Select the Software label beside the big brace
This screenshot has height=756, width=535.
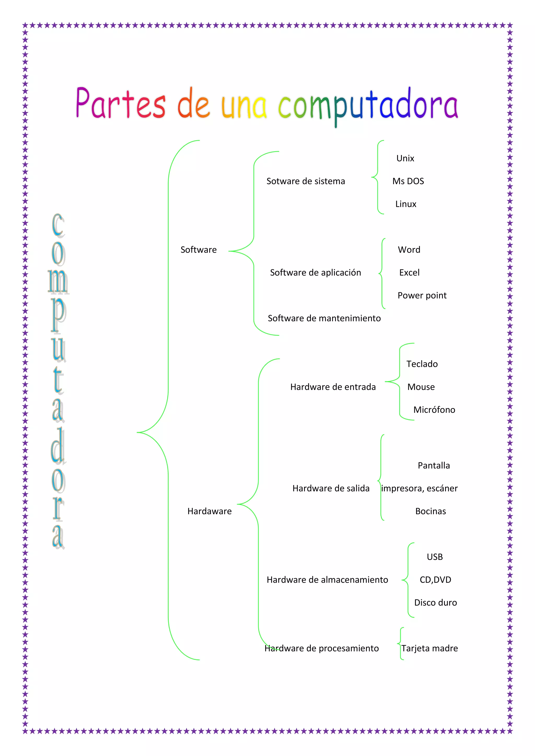click(199, 250)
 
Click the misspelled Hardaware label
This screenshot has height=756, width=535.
click(210, 511)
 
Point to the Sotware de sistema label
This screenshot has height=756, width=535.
click(306, 181)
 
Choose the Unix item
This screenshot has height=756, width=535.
click(405, 158)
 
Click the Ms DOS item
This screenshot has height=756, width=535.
click(408, 181)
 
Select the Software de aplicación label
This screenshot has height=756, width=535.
click(316, 273)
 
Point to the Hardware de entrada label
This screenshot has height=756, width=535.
click(333, 387)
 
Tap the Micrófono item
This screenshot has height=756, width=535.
click(434, 410)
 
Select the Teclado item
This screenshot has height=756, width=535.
click(422, 364)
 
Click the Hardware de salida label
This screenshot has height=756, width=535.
click(331, 488)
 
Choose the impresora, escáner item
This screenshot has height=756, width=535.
click(419, 488)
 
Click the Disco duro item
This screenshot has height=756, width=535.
click(435, 603)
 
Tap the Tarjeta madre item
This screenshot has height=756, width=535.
click(429, 648)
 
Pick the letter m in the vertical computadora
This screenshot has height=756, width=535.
click(58, 281)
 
